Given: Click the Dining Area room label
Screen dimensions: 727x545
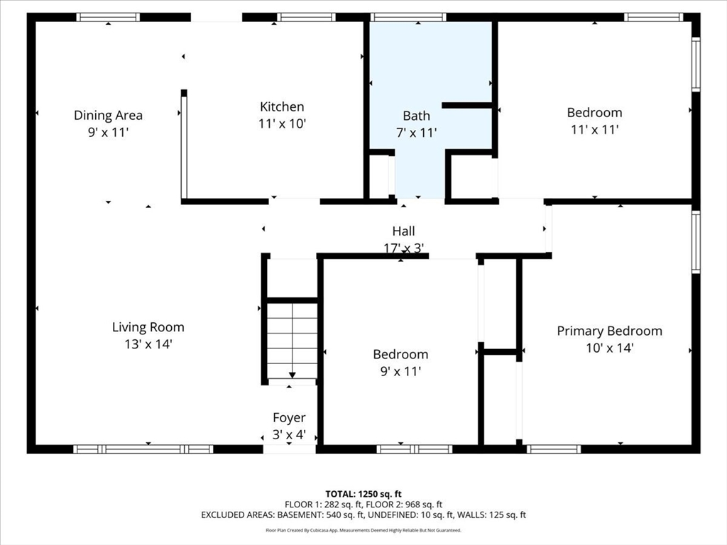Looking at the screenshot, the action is pos(108,115).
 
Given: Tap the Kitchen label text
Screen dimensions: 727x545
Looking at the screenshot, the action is pos(282,106).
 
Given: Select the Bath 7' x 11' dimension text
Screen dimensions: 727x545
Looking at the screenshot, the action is pos(416,133).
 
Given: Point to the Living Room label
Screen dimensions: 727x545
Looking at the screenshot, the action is pos(148,327).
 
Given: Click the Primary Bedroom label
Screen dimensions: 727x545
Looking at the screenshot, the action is pos(609,331).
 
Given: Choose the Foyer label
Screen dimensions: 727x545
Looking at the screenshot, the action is pos(289,417).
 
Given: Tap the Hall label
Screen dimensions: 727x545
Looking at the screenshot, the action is pos(403,231).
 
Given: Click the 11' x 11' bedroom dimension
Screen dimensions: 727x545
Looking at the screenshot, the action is pos(594,129).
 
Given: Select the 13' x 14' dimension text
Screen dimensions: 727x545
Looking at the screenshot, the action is pos(148,344).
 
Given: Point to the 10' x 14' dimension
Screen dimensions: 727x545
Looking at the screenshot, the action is pos(609,348).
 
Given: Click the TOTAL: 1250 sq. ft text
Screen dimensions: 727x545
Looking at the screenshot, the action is pos(363,494).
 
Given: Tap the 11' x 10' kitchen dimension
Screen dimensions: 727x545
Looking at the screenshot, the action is pos(282,123).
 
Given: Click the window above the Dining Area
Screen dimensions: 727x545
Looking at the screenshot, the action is pos(108,17).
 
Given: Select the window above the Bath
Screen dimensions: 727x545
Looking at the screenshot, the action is pos(408,17).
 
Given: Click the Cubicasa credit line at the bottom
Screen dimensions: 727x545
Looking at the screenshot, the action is pos(363,530).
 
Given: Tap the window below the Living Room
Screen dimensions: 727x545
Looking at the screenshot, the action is pos(143,449).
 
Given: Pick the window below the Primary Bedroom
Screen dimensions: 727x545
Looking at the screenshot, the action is pos(554,449).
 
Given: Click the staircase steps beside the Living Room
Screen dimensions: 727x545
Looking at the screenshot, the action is pos(292,341).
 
